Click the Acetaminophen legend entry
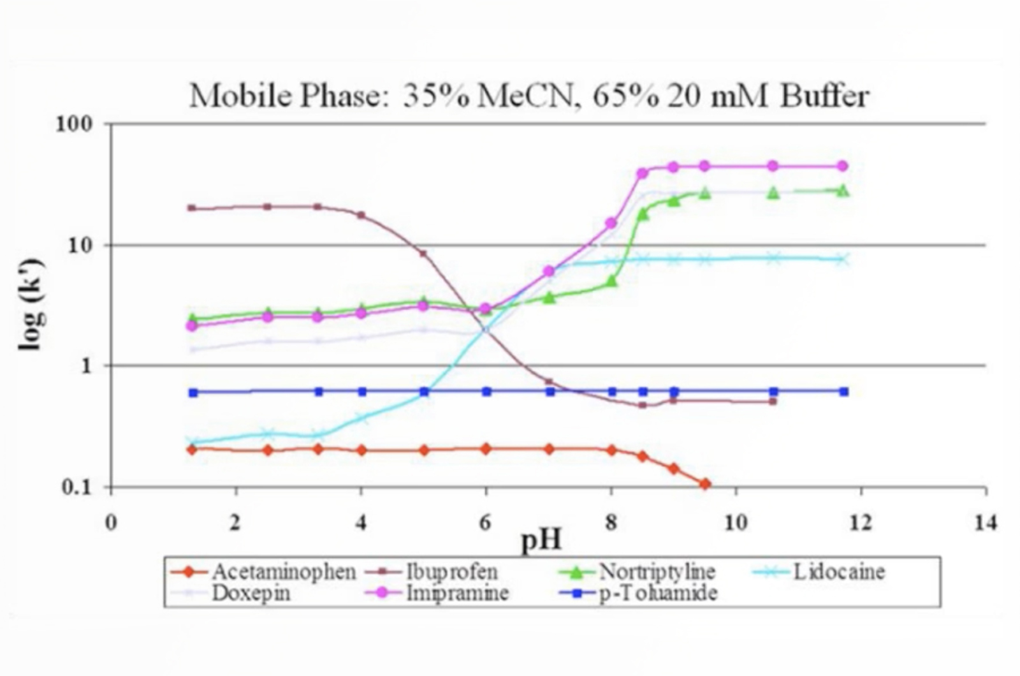283,571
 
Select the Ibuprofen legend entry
451,571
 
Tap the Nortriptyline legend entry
657,571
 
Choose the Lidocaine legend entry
838,571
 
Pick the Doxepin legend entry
251,593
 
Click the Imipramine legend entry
457,593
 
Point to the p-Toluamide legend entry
658,593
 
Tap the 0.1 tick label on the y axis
77,487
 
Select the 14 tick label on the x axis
985,523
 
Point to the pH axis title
541,540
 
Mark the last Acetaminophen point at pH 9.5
704,484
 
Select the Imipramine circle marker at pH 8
611,223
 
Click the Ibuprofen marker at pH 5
423,253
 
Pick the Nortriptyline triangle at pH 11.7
842,190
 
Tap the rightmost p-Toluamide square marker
843,392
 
